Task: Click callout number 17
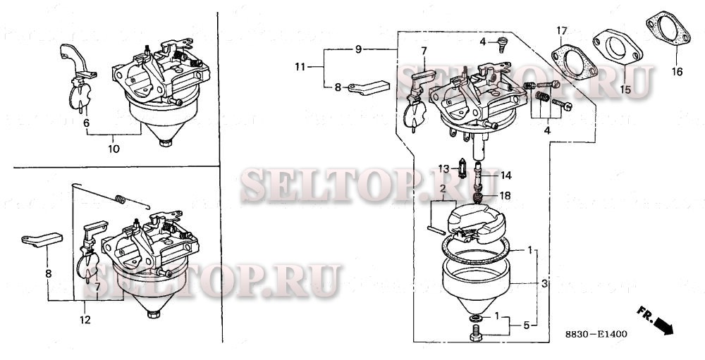click(x=561, y=30)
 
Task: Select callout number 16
click(x=677, y=72)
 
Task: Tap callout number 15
click(x=625, y=89)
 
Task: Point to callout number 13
click(x=443, y=168)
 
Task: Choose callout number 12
click(x=86, y=321)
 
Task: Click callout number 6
click(x=87, y=123)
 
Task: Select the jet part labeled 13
click(x=461, y=170)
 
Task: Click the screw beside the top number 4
click(x=503, y=44)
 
